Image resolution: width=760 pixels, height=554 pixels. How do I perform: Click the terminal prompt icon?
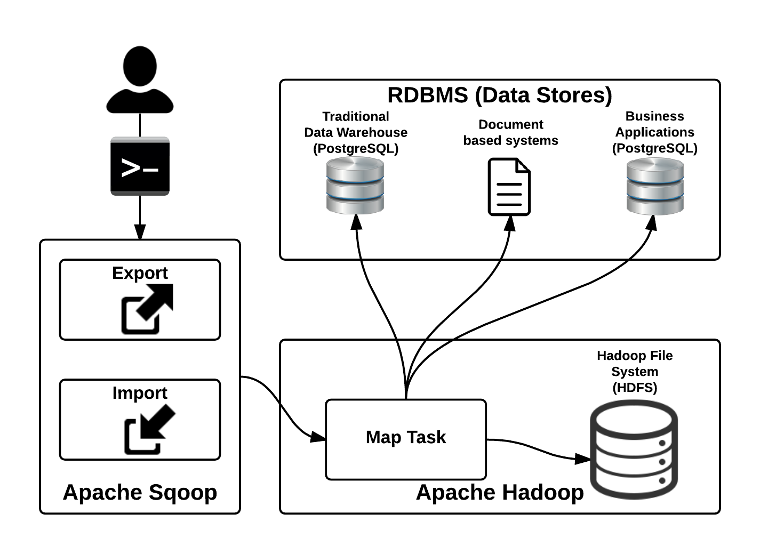pyautogui.click(x=140, y=166)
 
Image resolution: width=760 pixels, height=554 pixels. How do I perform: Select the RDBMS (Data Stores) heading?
pyautogui.click(x=499, y=95)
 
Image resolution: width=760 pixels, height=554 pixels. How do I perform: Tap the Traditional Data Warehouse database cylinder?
pyautogui.click(x=355, y=185)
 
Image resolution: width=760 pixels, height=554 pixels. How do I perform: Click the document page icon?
pyautogui.click(x=509, y=187)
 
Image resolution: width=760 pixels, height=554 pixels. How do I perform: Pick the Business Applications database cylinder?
pyautogui.click(x=655, y=187)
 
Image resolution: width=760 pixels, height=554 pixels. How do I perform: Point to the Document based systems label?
pyautogui.click(x=510, y=132)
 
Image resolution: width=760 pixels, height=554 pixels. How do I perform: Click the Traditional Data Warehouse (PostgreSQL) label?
pyautogui.click(x=356, y=132)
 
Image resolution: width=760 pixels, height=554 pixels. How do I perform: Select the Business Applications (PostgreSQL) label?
pyautogui.click(x=655, y=132)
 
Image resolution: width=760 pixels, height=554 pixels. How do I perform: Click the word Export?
pyautogui.click(x=140, y=272)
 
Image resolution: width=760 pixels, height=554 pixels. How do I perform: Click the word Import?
pyautogui.click(x=140, y=392)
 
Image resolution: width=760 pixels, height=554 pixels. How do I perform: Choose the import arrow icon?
pyautogui.click(x=148, y=429)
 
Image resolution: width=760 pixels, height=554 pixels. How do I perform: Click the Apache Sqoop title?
pyautogui.click(x=140, y=492)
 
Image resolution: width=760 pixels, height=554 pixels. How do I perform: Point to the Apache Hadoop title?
pyautogui.click(x=500, y=492)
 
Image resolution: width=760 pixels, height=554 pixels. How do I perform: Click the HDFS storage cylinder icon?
pyautogui.click(x=634, y=449)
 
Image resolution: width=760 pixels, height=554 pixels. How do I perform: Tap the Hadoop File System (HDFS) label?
pyautogui.click(x=635, y=371)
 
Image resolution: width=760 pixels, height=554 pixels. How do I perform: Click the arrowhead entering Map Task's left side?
pyautogui.click(x=318, y=437)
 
